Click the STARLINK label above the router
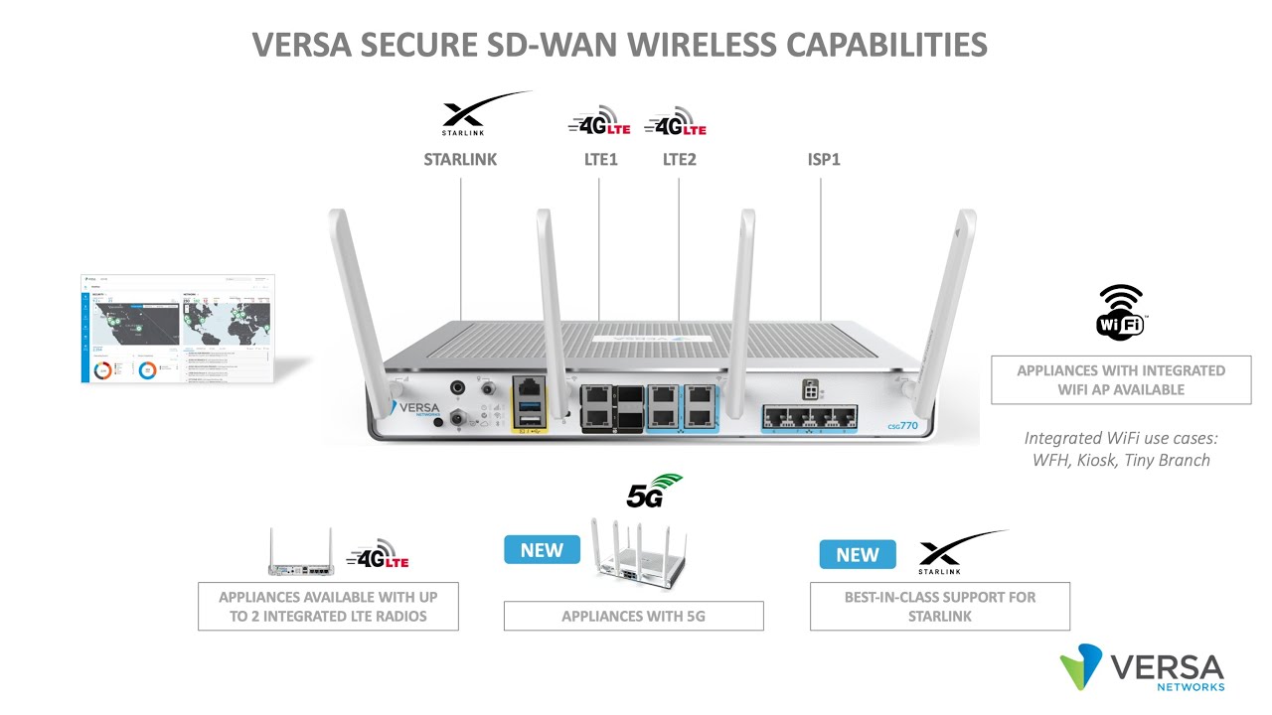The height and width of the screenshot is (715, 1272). (x=460, y=159)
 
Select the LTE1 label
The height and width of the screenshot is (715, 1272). (x=600, y=159)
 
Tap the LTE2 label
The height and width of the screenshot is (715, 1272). (x=680, y=159)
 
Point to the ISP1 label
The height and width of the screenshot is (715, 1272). (x=824, y=159)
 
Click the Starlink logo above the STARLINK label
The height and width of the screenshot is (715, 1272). (x=483, y=114)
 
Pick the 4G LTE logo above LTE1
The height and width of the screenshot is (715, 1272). (x=599, y=122)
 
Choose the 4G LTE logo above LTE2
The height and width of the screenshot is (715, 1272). (x=676, y=122)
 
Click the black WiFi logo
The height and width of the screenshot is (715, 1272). (x=1120, y=311)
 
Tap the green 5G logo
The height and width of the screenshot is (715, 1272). (x=654, y=492)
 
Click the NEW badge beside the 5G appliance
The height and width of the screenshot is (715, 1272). (x=542, y=550)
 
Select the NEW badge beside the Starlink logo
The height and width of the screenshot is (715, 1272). (x=857, y=554)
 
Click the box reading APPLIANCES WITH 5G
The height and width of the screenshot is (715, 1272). (x=633, y=616)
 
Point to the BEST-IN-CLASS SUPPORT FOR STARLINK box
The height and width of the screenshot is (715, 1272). (x=939, y=606)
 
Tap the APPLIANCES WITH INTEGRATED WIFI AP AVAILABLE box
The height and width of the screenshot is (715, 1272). (x=1120, y=380)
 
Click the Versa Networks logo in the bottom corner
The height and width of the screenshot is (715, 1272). (x=1142, y=667)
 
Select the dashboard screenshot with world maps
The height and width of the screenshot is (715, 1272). (x=177, y=329)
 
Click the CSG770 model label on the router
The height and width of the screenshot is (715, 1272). (x=901, y=426)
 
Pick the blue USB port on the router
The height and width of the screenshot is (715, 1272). (x=529, y=408)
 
